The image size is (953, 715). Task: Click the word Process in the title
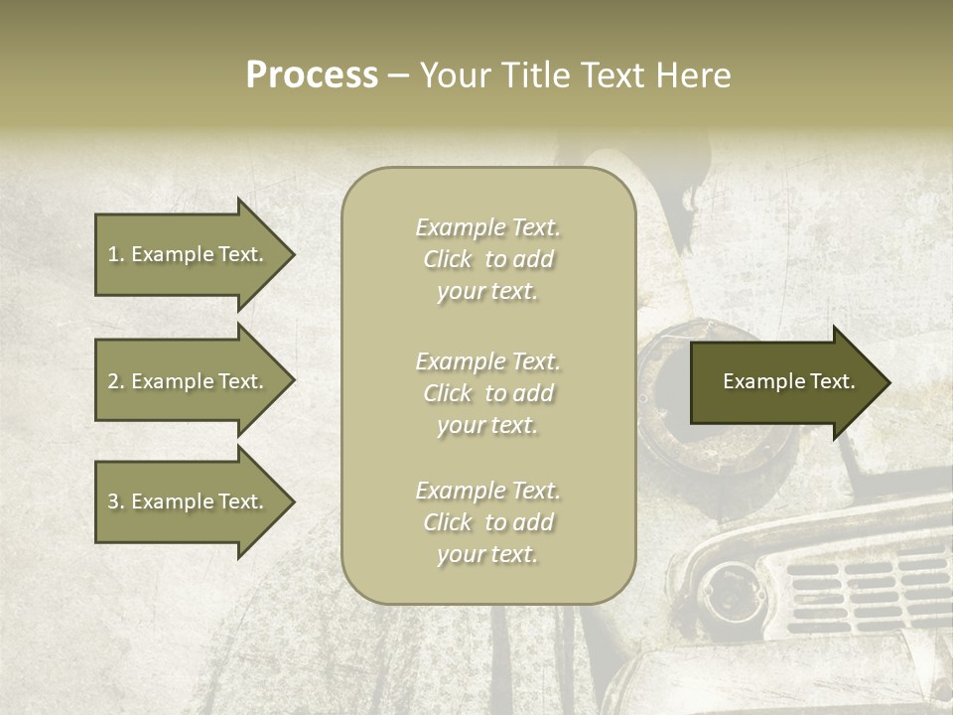click(x=312, y=75)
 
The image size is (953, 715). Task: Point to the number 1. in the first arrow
click(x=116, y=254)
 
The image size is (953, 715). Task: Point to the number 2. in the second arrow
click(x=116, y=381)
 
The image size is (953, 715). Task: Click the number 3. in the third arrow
click(x=116, y=501)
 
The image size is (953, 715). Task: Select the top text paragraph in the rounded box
click(x=487, y=259)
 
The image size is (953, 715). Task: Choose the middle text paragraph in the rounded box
click(x=487, y=393)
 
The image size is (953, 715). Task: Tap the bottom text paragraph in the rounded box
click(x=487, y=522)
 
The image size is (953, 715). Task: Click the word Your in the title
click(x=457, y=75)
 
